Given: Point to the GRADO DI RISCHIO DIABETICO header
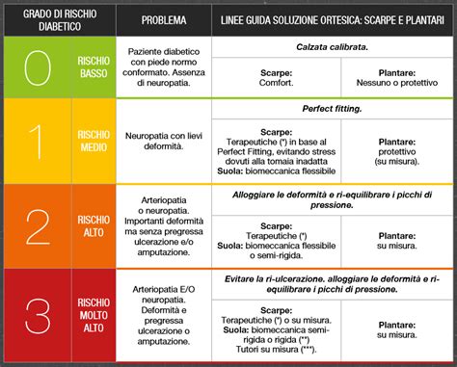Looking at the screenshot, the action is (x=58, y=19).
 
